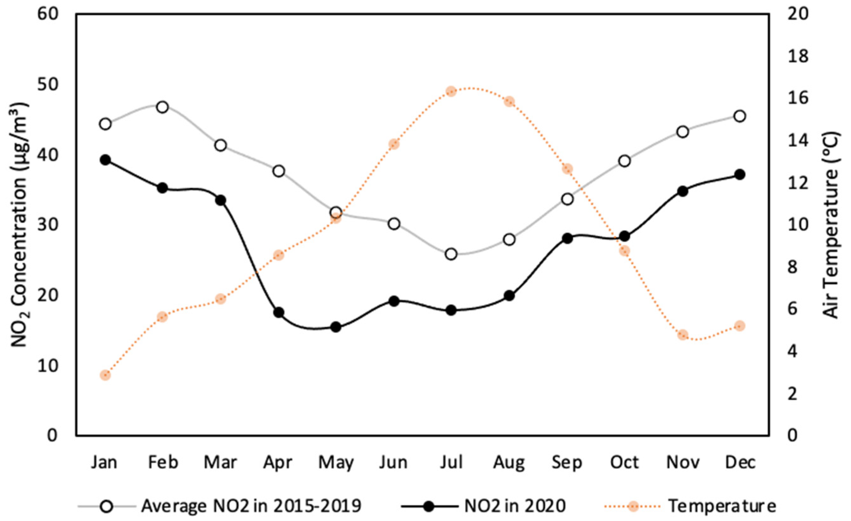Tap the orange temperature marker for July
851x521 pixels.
pyautogui.click(x=451, y=92)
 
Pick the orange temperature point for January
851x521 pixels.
pyautogui.click(x=105, y=376)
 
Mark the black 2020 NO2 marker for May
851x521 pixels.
pyautogui.click(x=336, y=327)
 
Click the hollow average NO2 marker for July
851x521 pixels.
pyautogui.click(x=451, y=254)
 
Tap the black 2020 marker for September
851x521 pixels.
pyautogui.click(x=567, y=238)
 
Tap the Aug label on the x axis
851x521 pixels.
pyautogui.click(x=509, y=462)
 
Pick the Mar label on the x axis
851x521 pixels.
pyautogui.click(x=220, y=462)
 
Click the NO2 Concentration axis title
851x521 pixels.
pyautogui.click(x=20, y=225)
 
